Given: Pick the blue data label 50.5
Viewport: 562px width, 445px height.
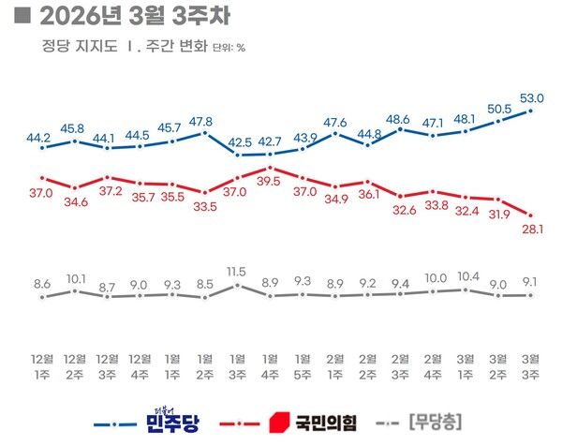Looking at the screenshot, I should (500, 109).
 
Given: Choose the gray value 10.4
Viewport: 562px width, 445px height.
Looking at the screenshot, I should (466, 278).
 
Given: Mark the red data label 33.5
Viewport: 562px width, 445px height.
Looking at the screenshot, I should (203, 208).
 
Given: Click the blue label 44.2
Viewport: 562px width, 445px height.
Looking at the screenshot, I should (40, 138).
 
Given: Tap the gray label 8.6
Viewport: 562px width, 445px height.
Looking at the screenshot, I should (40, 282).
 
